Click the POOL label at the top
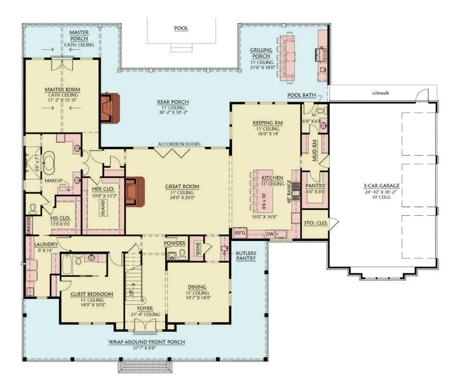(181, 28)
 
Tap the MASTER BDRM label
(62, 90)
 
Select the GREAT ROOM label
(182, 187)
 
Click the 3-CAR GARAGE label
(382, 185)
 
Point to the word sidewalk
(382, 94)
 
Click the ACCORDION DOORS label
(179, 144)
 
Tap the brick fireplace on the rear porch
(109, 107)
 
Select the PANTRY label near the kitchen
(315, 186)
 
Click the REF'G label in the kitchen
(240, 233)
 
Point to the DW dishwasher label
(269, 233)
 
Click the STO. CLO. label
(315, 222)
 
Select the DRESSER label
(29, 225)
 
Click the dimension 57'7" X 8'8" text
(146, 348)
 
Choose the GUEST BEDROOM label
(92, 294)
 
